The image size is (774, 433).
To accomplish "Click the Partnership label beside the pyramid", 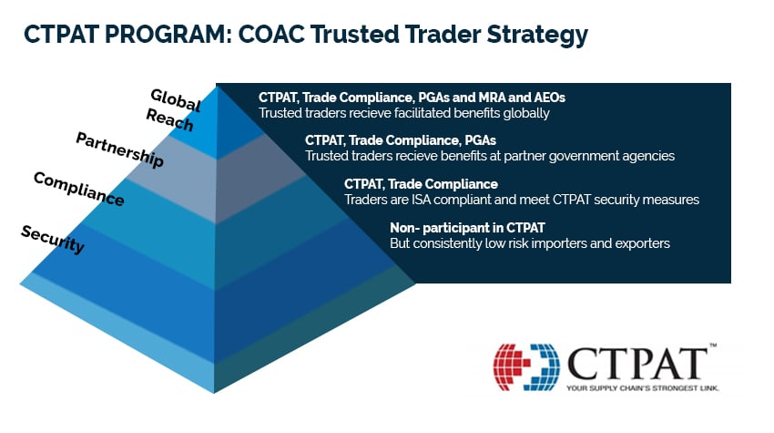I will tap(119, 149).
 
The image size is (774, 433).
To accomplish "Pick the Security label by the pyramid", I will tap(53, 239).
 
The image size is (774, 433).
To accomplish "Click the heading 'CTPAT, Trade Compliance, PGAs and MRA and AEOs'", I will tap(412, 97).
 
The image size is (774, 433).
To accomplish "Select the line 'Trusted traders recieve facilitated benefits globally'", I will tap(404, 113).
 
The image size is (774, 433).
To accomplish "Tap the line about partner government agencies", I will tap(490, 156).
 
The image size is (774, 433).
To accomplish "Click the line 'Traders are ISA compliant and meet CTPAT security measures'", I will tap(521, 200).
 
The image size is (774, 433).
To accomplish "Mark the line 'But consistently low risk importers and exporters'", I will tap(530, 243).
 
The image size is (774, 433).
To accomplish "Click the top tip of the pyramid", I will tap(217, 88).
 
